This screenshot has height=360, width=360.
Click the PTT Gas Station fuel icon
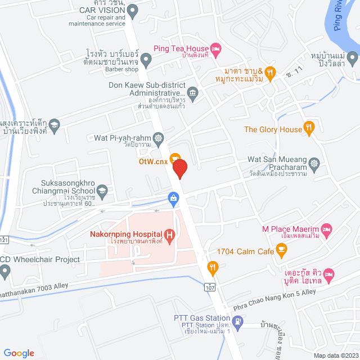[x=238, y=322]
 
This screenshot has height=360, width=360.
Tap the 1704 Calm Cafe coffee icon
[x=281, y=249]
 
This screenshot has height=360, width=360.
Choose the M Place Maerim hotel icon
[x=327, y=229]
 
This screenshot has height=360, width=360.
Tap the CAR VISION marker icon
[x=133, y=10]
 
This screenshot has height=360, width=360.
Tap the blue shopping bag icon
[x=173, y=197]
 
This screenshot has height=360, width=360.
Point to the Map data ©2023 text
[x=335, y=355]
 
